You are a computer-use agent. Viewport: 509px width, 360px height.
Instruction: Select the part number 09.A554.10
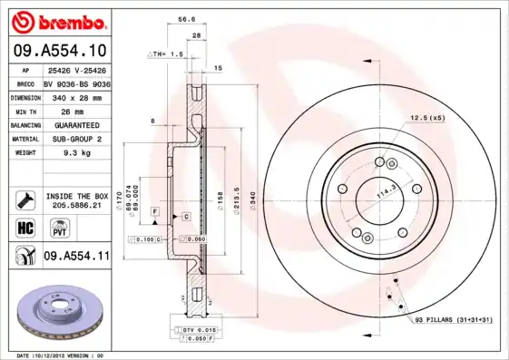tap(62, 50)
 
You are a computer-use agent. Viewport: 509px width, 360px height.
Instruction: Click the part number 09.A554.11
tap(77, 257)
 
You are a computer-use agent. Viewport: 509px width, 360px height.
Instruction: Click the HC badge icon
tap(26, 227)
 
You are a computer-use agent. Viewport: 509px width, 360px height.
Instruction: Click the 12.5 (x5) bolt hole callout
tap(427, 119)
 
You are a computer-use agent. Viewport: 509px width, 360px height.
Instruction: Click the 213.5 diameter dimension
tap(237, 199)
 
